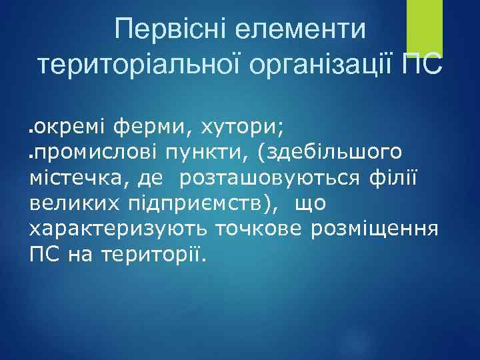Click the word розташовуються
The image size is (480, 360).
pos(269,178)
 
